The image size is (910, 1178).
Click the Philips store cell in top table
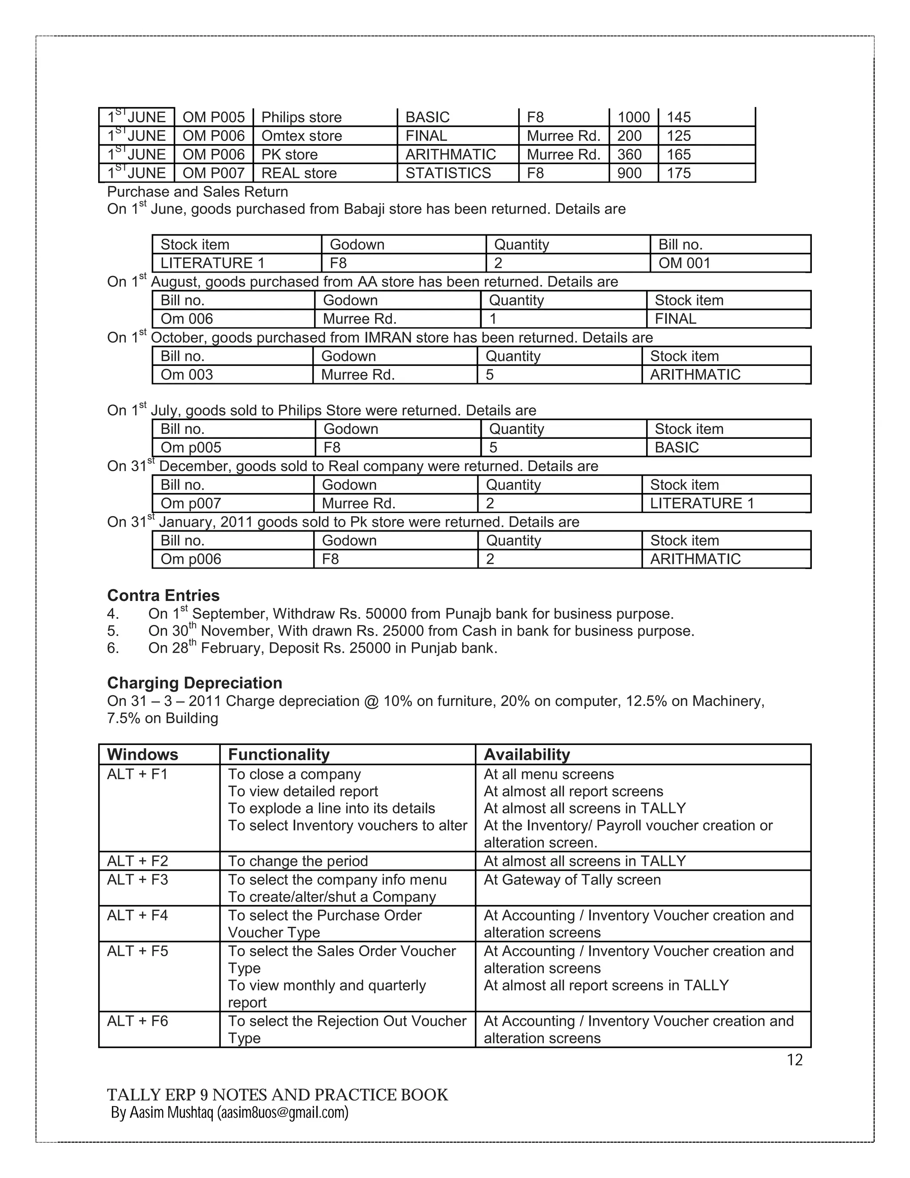point(301,117)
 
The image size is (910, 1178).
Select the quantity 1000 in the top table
point(634,117)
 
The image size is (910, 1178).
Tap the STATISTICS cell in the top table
point(448,173)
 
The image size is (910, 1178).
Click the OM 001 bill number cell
point(684,263)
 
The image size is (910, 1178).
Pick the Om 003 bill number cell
point(187,374)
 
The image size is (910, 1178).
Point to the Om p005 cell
point(191,447)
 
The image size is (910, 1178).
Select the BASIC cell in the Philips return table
point(677,447)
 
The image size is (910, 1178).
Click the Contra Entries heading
point(164,596)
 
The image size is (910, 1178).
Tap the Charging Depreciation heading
point(195,683)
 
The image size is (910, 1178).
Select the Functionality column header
point(279,755)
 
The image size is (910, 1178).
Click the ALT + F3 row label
point(137,880)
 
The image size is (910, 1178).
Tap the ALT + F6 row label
point(137,1021)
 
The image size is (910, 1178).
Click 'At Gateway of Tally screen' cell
point(572,880)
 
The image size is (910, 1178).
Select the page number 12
point(794,1060)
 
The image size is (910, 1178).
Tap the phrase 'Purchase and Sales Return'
point(197,192)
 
